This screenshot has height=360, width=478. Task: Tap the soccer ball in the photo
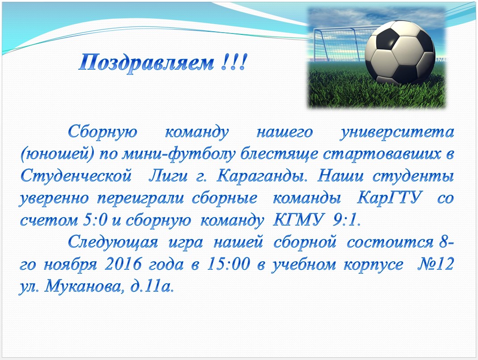pos(400,53)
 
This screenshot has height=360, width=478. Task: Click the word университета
pos(397,133)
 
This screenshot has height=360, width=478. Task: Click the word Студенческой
pos(76,176)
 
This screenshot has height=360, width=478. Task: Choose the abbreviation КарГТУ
pos(389,198)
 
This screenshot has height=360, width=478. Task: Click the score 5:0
pos(95,220)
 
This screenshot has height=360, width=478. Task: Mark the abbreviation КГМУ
pos(298,220)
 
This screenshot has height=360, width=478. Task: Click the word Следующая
pos(113,243)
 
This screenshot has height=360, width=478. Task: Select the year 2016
pos(123,264)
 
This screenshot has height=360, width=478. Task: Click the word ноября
pos(71,265)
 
